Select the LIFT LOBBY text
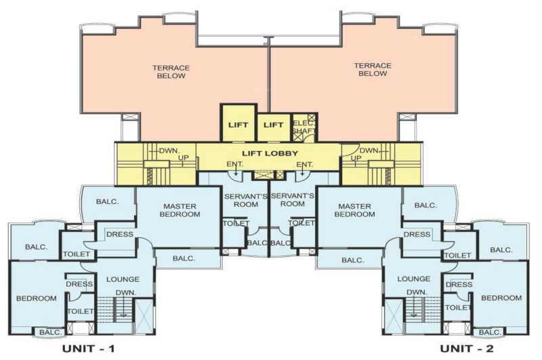tap(270, 154)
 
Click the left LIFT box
tap(238, 125)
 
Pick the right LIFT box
tap(273, 125)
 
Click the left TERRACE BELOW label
tap(171, 71)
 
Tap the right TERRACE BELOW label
tap(372, 70)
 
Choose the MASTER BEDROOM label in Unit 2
tap(357, 210)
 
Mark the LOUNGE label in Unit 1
tap(123, 279)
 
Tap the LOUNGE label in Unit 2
tap(414, 279)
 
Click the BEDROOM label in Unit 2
tap(501, 298)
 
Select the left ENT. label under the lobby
tap(234, 164)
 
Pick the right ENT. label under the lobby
tap(304, 164)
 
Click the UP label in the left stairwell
tap(184, 158)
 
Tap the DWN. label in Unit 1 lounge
tap(125, 293)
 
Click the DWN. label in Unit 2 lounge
tap(415, 292)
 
